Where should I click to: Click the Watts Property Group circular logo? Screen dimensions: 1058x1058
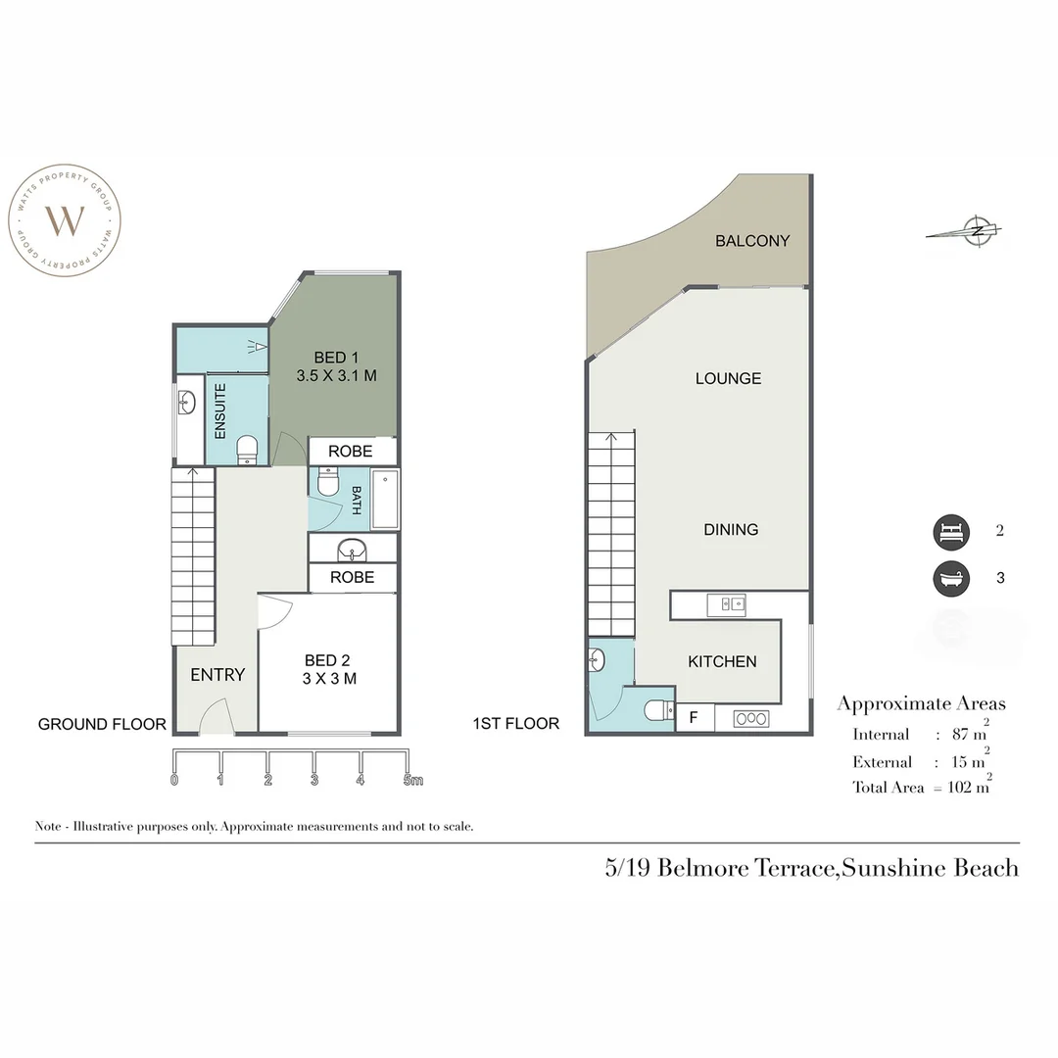click(66, 221)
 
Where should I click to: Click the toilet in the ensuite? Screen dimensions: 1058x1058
click(247, 449)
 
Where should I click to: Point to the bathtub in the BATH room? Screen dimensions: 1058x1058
click(384, 500)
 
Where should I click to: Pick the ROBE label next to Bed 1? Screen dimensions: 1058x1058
click(351, 452)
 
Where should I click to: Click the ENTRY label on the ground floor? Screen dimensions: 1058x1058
click(217, 675)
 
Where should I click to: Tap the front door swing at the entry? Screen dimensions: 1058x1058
click(215, 718)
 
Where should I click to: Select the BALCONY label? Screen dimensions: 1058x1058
click(752, 241)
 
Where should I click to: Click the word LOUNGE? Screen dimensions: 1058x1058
click(728, 378)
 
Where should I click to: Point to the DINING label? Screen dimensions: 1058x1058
click(731, 529)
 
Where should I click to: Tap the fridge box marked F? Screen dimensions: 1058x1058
click(695, 718)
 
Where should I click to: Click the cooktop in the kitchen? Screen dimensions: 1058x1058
click(752, 719)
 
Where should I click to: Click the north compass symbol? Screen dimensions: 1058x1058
click(976, 231)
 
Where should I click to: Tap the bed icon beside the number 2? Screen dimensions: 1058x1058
click(950, 532)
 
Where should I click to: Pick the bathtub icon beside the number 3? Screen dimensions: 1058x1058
click(950, 578)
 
